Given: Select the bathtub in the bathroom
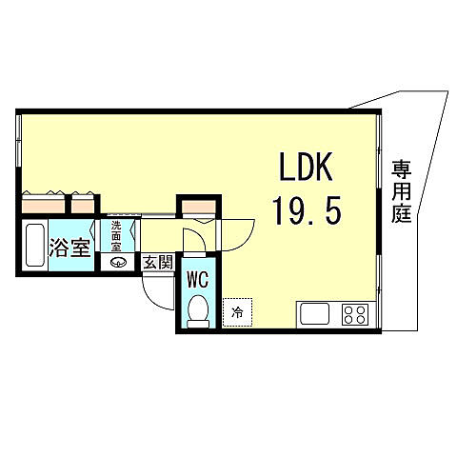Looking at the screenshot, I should pyautogui.click(x=36, y=246).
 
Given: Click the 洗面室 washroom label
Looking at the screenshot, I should pyautogui.click(x=116, y=236).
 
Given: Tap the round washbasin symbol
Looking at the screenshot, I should pyautogui.click(x=117, y=264).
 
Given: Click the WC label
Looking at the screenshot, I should pyautogui.click(x=197, y=280).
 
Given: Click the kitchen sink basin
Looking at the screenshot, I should pyautogui.click(x=315, y=315).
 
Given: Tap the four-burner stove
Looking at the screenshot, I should pyautogui.click(x=355, y=315).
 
